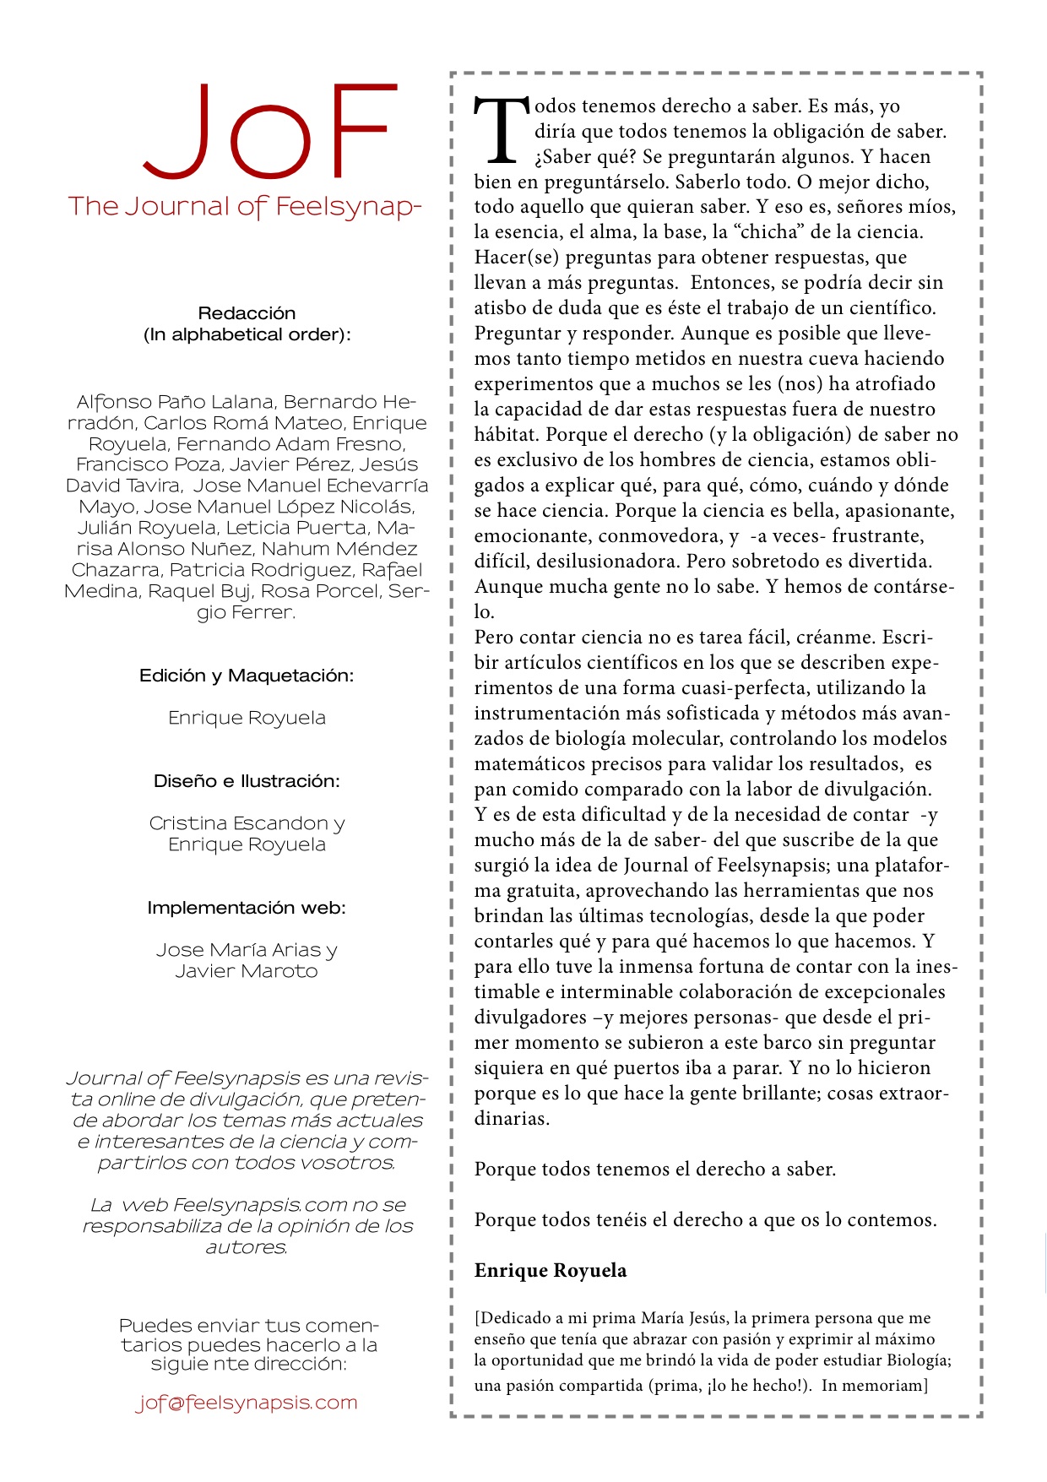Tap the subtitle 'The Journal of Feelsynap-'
click(x=245, y=206)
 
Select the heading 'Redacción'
click(x=247, y=313)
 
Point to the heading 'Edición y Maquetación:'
click(x=247, y=676)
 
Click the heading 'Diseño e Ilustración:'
click(x=247, y=781)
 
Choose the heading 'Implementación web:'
click(x=247, y=908)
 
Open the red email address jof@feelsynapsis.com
click(x=247, y=1403)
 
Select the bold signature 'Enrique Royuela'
click(x=551, y=1271)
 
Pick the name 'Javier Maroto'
click(x=247, y=971)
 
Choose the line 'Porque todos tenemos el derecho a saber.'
click(x=655, y=1170)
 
